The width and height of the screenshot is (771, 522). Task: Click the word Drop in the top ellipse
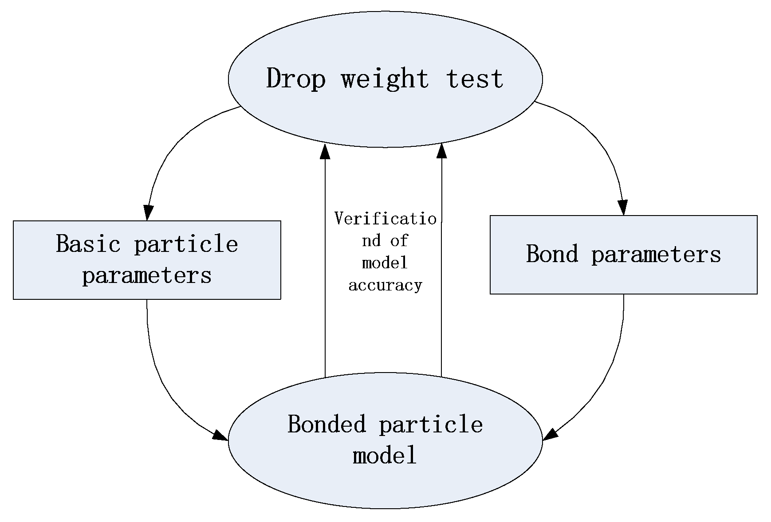point(296,79)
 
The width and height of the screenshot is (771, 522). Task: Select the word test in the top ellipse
point(475,79)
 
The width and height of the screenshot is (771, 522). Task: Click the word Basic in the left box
point(88,244)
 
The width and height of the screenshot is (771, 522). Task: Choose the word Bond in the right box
point(552,254)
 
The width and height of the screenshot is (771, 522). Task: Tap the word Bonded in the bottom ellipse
point(327,424)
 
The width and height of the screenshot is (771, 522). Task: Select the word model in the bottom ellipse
point(385,455)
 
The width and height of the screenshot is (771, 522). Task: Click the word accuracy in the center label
point(385,286)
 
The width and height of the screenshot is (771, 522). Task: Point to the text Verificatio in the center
point(385,219)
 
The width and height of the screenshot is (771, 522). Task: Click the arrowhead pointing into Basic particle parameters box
point(148,213)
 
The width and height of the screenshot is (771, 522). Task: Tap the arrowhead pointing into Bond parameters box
point(623,208)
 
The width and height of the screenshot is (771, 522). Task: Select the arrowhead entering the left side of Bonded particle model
point(220,436)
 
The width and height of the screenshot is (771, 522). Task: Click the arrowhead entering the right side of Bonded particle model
point(550,434)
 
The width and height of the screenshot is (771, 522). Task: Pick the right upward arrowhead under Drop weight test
point(441,151)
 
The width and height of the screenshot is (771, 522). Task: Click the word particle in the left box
point(186,244)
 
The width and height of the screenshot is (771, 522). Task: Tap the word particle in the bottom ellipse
point(431,425)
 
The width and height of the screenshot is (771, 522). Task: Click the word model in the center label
point(385,263)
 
